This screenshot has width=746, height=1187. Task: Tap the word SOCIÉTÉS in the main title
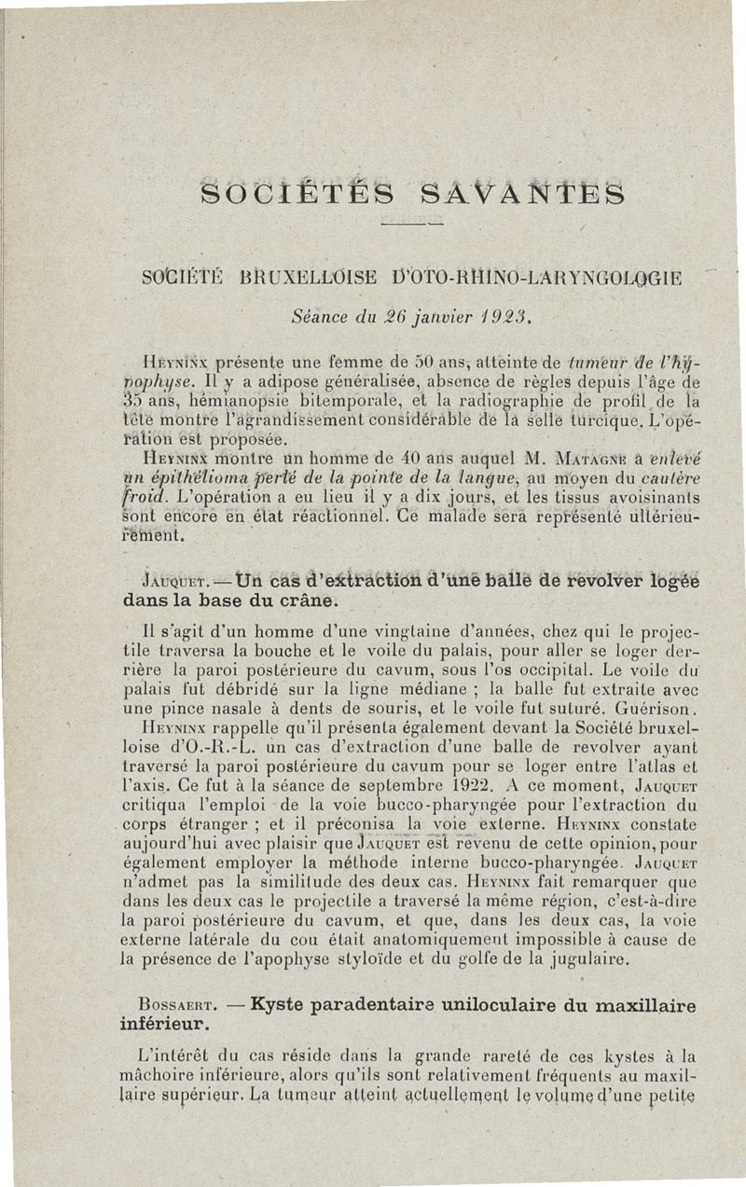pos(293,196)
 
